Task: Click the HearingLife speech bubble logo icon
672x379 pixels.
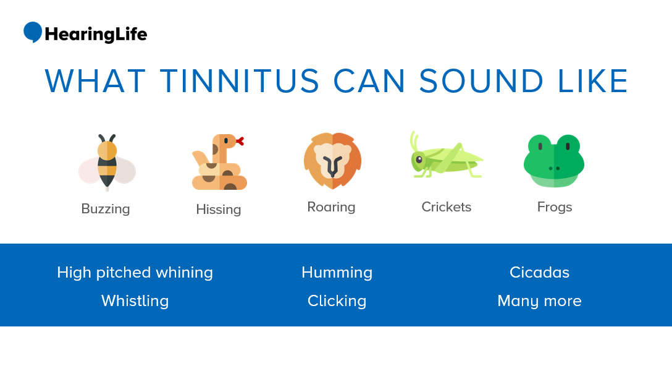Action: (x=33, y=32)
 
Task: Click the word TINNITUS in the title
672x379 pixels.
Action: (x=240, y=81)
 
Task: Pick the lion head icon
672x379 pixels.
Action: (x=332, y=161)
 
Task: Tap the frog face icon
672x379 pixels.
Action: (x=554, y=161)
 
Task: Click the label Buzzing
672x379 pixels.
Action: (x=106, y=209)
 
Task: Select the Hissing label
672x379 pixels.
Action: (x=219, y=210)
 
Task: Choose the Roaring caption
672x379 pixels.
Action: (x=331, y=207)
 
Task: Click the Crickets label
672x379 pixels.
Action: (x=446, y=207)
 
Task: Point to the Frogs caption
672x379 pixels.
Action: (x=555, y=207)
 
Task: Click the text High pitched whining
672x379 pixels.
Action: (x=135, y=273)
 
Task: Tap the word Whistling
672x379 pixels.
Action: (x=135, y=301)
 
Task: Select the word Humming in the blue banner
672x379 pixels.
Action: (x=337, y=273)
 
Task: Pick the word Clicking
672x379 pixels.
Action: (x=337, y=301)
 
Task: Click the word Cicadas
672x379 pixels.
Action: (x=539, y=273)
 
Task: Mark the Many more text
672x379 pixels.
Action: (x=539, y=301)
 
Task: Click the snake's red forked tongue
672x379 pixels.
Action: (x=240, y=141)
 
